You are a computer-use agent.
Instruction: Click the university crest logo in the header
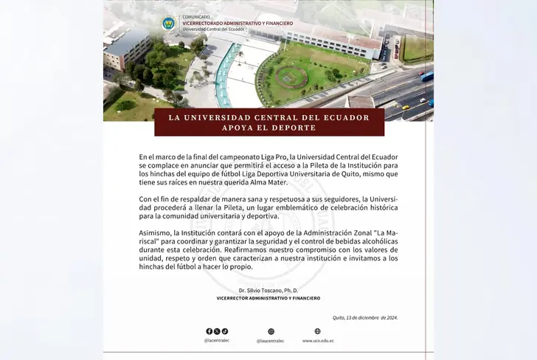(x=169, y=23)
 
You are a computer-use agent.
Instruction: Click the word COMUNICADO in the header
(x=195, y=17)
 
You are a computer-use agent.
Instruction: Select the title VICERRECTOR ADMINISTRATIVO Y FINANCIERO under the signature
(x=268, y=299)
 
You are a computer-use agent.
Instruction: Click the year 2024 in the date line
(x=389, y=317)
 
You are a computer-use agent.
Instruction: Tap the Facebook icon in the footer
(x=209, y=332)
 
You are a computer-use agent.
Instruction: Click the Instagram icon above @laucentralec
(x=271, y=332)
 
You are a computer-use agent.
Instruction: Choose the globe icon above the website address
(x=318, y=332)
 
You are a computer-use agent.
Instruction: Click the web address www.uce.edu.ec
(x=318, y=341)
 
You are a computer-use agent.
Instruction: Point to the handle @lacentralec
(x=217, y=341)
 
